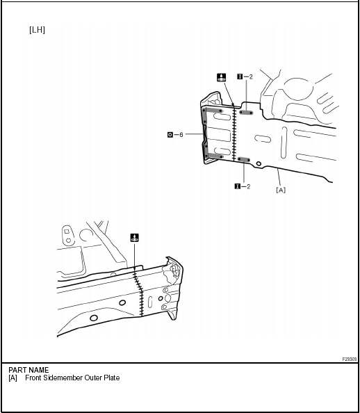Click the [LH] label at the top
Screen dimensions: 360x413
tap(37, 30)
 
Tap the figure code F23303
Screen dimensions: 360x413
tap(350, 359)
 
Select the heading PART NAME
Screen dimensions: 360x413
tap(28, 370)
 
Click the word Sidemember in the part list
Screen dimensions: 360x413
tap(59, 378)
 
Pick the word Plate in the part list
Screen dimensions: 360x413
tap(112, 378)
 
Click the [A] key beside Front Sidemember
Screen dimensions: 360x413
tap(13, 378)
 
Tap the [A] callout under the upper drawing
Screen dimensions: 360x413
tap(281, 190)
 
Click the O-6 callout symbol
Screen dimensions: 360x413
tap(175, 135)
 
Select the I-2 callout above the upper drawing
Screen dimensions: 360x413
tap(245, 76)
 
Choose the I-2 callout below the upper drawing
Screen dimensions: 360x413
tap(243, 186)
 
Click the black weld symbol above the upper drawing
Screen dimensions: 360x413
tap(221, 77)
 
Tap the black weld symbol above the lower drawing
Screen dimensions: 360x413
tap(135, 238)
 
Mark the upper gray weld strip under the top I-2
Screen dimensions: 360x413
tap(246, 113)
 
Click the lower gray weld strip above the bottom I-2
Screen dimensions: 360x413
tap(244, 160)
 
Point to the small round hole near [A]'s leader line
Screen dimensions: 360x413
tap(259, 164)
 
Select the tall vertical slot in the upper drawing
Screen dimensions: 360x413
tap(284, 143)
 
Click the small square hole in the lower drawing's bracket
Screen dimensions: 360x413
tap(67, 232)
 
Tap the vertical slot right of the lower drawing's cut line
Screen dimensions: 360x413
tap(150, 302)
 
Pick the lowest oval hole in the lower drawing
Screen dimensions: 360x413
tap(94, 318)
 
